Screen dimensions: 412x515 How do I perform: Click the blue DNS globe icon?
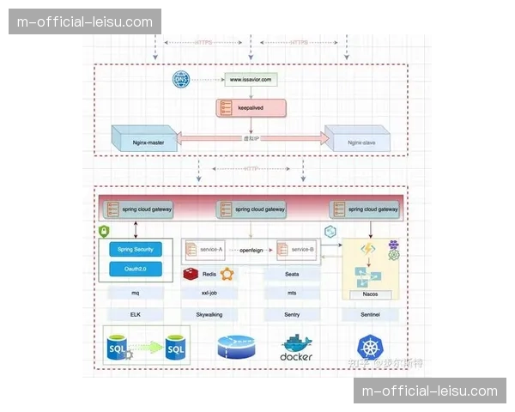[x=180, y=80]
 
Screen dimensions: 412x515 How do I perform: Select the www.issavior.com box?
[x=251, y=80]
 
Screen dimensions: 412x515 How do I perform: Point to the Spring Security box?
[x=136, y=249]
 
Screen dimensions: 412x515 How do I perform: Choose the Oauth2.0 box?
[x=136, y=270]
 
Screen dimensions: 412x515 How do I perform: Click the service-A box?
[x=205, y=250]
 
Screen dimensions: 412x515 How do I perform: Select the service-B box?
[x=297, y=250]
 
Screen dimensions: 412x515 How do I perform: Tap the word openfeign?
[x=251, y=250]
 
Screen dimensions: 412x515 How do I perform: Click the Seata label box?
[x=292, y=274]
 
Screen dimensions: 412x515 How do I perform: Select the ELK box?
[x=136, y=315]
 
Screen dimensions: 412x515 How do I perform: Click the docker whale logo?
[x=296, y=346]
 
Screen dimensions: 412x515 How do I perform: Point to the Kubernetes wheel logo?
[x=371, y=346]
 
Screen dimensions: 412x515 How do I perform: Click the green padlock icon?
[x=105, y=232]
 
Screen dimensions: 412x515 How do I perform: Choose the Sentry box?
[x=292, y=315]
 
